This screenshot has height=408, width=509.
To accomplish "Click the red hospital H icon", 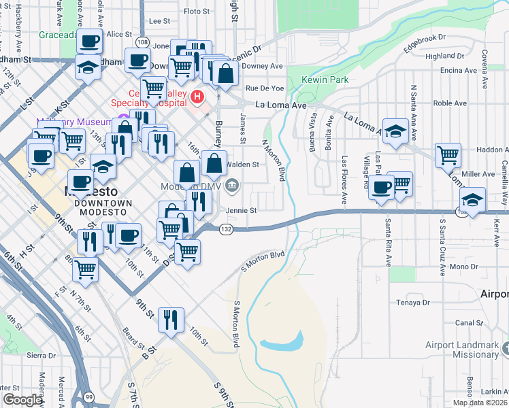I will coord(197,97).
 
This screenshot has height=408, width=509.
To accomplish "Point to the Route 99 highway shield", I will coord(88,397).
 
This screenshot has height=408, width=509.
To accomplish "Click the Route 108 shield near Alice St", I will coord(142,42).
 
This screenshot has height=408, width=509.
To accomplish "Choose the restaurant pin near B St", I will coord(169,319).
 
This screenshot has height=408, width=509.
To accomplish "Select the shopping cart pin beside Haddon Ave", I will coord(448,155).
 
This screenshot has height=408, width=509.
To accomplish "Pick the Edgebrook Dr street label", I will coord(424,42).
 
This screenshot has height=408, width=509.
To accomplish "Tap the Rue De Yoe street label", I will coord(265,88).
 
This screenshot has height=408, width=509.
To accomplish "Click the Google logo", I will coord(22,400).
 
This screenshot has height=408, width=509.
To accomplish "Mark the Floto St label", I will coord(197,12).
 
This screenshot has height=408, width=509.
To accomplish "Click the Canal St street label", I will coord(470,322).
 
